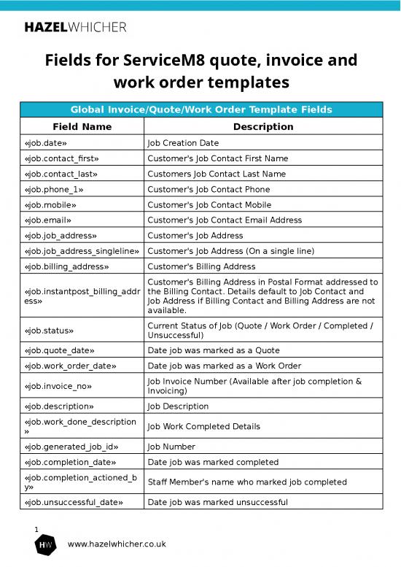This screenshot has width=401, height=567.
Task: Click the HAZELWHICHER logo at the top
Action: pos(76,27)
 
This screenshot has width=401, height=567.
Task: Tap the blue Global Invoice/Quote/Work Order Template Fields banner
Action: pos(200,110)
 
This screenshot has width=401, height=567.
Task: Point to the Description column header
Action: pos(262,126)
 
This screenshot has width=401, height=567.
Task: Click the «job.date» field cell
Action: pos(46,143)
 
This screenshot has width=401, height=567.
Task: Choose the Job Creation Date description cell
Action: pos(183,143)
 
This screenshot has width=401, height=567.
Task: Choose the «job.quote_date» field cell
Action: pos(59,350)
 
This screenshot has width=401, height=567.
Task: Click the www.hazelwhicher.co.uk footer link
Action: pos(117,544)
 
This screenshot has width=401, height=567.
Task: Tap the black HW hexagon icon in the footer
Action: pos(46,545)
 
